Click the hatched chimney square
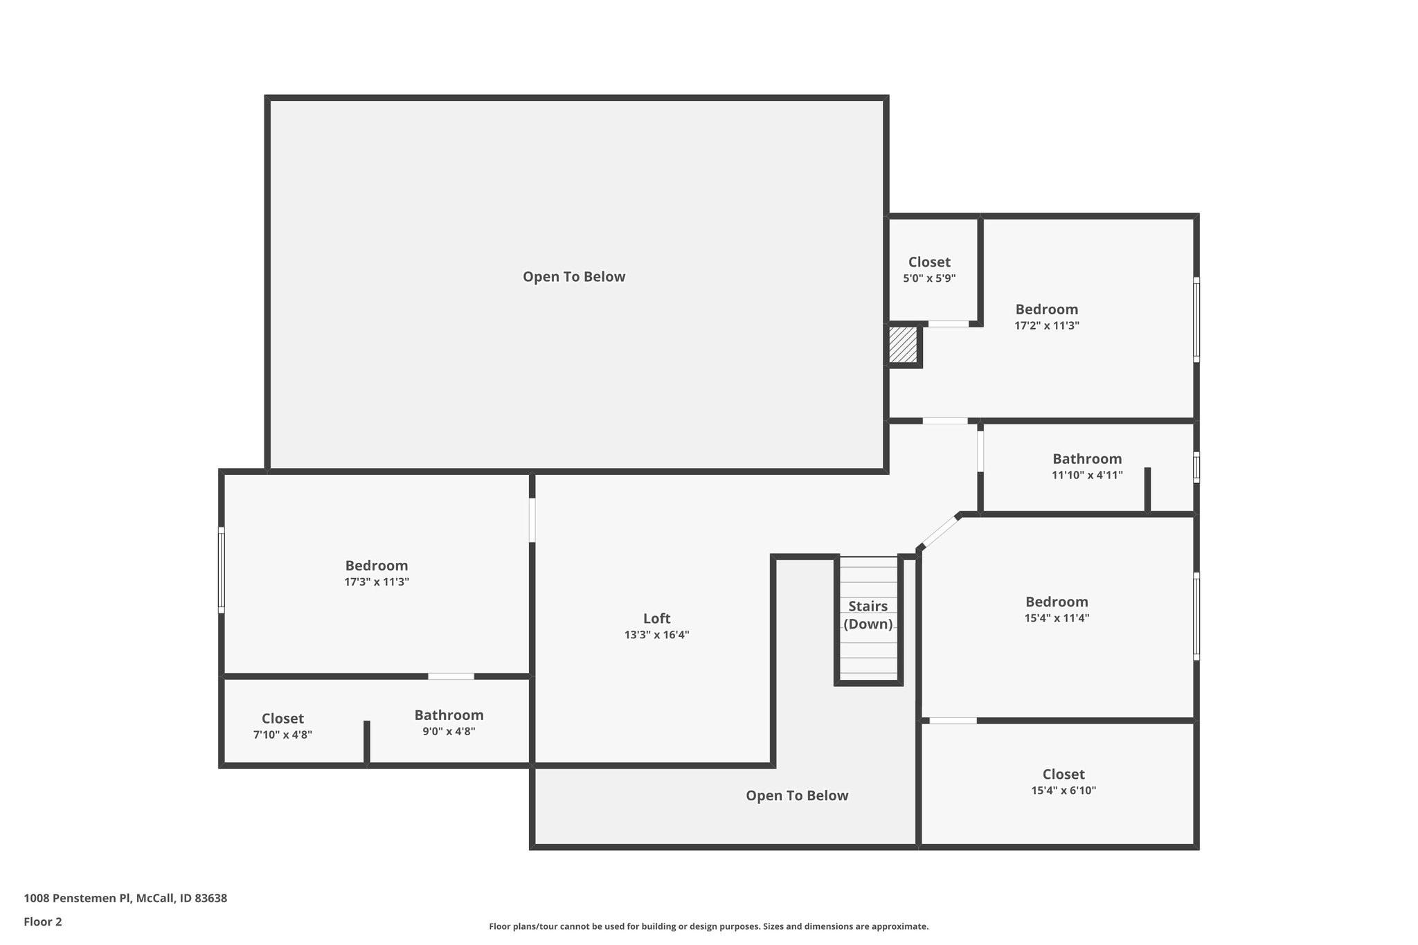[x=903, y=344]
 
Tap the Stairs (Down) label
[x=868, y=615]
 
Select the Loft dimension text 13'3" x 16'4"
[x=656, y=635]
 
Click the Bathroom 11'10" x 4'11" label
[x=1087, y=466]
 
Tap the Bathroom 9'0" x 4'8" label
[x=449, y=723]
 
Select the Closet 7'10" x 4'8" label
[x=282, y=726]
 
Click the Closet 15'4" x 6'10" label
[x=1063, y=782]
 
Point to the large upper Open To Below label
[x=574, y=277]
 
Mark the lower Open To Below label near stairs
[x=796, y=795]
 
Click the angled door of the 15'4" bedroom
[x=940, y=532]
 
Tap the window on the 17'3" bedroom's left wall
[x=222, y=570]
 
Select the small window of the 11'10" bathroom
[x=1196, y=467]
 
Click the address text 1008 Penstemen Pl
[x=125, y=898]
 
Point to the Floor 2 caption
[x=43, y=921]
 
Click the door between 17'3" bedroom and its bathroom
[x=451, y=676]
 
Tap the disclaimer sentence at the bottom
[x=708, y=926]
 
